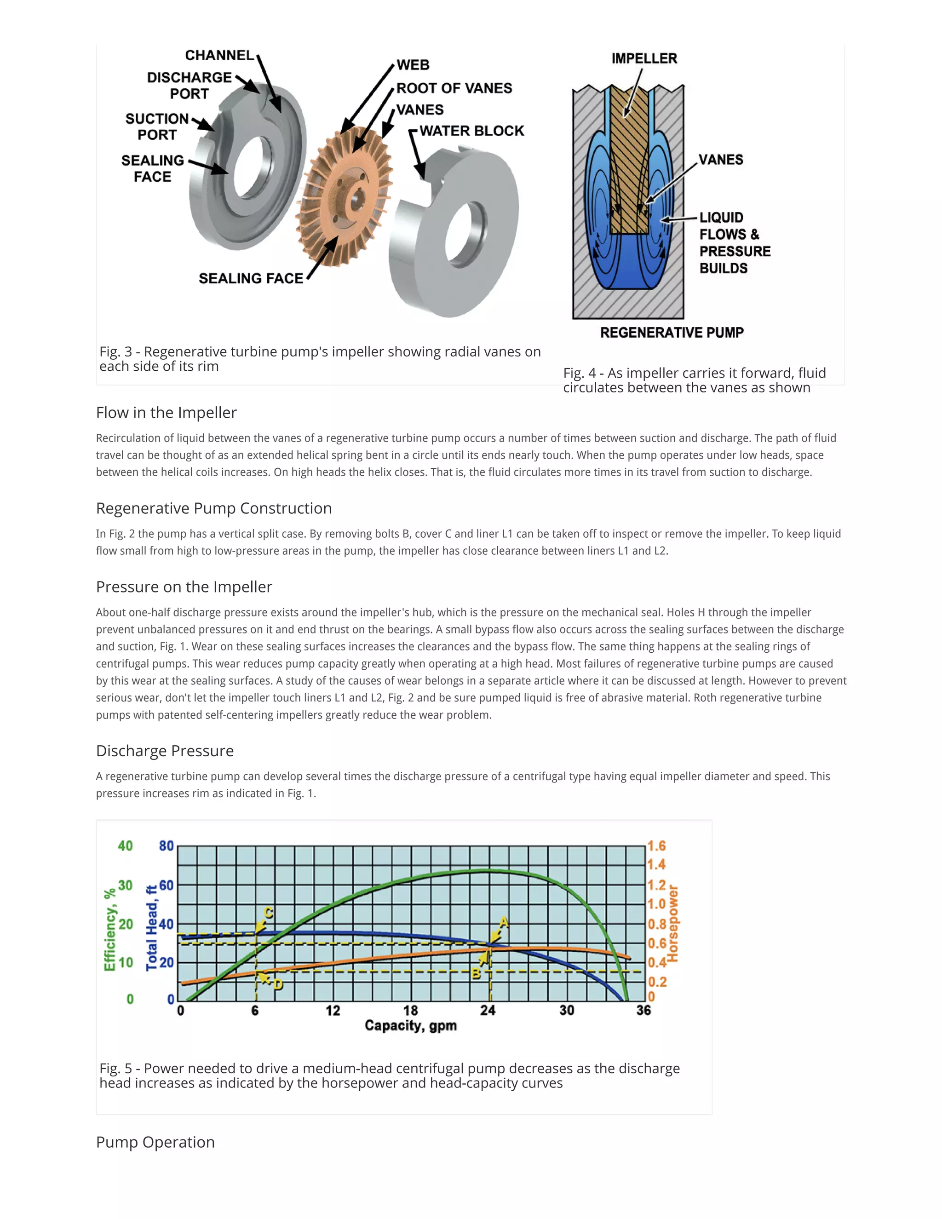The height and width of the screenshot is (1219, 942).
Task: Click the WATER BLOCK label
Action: tap(471, 131)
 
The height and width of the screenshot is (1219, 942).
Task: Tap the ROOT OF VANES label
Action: tap(454, 88)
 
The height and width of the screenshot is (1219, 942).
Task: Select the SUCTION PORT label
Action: tap(157, 126)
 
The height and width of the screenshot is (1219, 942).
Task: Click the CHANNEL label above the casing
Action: tap(219, 55)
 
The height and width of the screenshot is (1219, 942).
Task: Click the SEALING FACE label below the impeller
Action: tap(251, 278)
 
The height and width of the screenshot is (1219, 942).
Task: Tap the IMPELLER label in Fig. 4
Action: tap(644, 58)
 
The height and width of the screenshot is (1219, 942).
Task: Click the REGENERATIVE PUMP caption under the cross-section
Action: tap(672, 333)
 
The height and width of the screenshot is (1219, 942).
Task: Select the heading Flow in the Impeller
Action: tap(167, 413)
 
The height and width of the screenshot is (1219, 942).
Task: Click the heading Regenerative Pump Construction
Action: tap(214, 508)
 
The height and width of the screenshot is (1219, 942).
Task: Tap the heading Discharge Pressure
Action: tap(165, 751)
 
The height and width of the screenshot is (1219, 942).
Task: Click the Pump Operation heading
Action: tap(155, 1142)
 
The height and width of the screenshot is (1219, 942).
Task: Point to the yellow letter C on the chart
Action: tap(269, 913)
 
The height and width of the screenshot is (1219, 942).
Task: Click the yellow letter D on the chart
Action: tap(277, 984)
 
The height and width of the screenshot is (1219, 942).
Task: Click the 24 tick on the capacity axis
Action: tap(488, 1010)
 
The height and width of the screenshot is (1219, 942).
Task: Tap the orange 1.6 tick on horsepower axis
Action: tap(656, 846)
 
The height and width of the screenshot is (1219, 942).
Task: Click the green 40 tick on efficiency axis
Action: tap(125, 846)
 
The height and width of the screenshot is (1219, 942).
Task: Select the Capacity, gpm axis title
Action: tap(411, 1025)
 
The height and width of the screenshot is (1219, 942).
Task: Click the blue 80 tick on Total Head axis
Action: tap(167, 846)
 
